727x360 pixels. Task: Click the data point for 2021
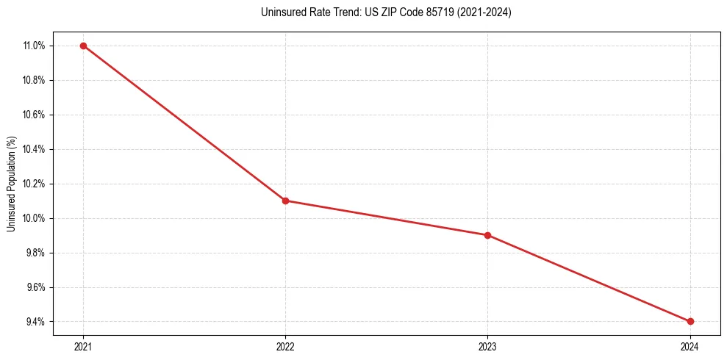click(x=83, y=46)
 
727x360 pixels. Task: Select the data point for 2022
click(x=285, y=201)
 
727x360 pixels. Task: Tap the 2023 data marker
click(x=488, y=235)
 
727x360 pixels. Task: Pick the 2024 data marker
click(x=690, y=321)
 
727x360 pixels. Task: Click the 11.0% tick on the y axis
click(x=34, y=46)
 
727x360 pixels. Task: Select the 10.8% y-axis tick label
click(x=34, y=80)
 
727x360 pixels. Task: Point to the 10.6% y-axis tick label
click(x=34, y=115)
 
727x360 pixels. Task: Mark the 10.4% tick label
click(x=34, y=149)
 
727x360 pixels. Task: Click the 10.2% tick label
click(x=34, y=184)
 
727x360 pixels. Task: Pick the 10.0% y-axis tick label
click(x=34, y=218)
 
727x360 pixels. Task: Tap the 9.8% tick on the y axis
click(x=35, y=253)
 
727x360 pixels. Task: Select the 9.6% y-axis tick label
click(x=35, y=287)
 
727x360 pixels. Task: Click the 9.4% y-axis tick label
click(x=35, y=322)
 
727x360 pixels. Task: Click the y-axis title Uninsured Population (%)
click(x=11, y=184)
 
